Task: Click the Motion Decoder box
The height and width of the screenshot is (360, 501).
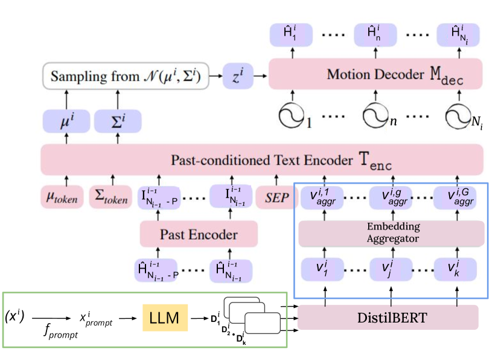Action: [375, 74]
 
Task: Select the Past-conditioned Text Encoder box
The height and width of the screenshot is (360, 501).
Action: [262, 160]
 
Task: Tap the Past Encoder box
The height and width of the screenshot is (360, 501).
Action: [199, 233]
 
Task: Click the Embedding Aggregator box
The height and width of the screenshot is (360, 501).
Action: [392, 233]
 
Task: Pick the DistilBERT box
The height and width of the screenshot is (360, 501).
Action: [388, 317]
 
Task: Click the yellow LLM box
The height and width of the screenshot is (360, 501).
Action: [165, 318]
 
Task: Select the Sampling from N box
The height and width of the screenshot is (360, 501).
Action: [126, 77]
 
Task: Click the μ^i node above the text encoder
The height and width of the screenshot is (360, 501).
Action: [66, 121]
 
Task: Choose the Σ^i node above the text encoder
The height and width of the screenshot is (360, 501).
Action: [117, 121]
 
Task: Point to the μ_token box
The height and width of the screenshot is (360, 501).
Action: [63, 198]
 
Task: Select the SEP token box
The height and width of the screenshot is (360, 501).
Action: [277, 198]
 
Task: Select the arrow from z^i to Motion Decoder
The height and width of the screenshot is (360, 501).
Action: [260, 76]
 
